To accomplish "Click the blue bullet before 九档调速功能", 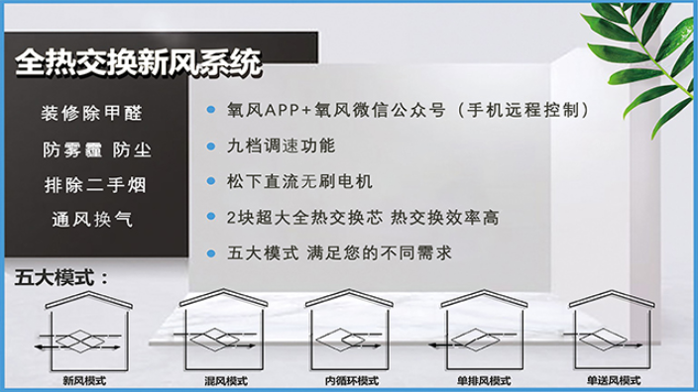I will coord(211,146).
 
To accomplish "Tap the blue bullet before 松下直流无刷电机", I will coord(211,181).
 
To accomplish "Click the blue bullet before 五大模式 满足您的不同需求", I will coord(211,251).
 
